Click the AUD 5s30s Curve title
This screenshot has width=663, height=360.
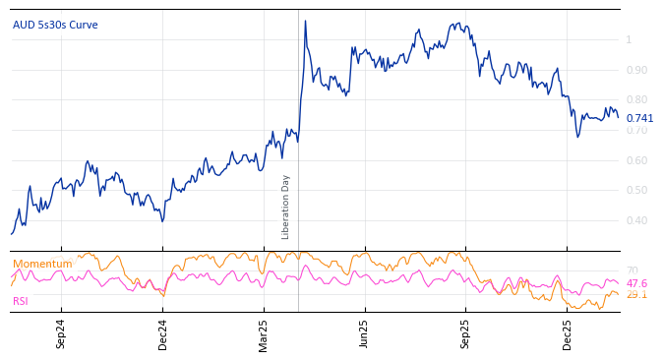tap(55, 25)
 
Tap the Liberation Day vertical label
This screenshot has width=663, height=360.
tap(286, 207)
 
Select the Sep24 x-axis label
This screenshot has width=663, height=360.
tap(61, 333)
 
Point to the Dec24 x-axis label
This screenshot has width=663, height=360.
tap(163, 333)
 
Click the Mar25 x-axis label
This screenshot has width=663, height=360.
tap(264, 333)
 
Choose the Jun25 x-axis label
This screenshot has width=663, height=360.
tap(365, 333)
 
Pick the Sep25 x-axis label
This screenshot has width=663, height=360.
tap(466, 333)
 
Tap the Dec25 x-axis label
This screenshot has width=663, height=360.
tap(568, 333)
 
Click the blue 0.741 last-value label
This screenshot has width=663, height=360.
tap(639, 118)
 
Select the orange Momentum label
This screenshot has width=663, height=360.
tap(42, 264)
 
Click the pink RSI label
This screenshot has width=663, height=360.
tap(21, 301)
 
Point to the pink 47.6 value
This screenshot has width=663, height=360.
tap(636, 283)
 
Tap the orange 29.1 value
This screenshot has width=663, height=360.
tap(636, 294)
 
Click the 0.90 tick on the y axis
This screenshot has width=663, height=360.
tap(636, 70)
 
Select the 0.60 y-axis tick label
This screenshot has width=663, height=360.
tap(636, 160)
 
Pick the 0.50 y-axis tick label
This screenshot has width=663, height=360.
tap(636, 191)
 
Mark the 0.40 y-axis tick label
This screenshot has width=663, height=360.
tap(636, 221)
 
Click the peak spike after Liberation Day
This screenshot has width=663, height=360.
tap(305, 21)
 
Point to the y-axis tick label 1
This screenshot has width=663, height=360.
tap(629, 39)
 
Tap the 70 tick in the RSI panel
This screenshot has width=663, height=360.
tap(632, 270)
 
